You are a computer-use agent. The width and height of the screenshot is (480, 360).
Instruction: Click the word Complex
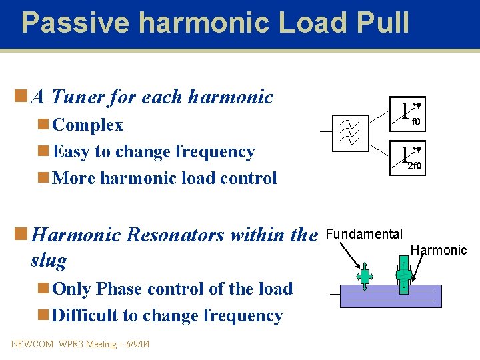coord(87,125)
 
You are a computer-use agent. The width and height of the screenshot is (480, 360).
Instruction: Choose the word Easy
coord(71,152)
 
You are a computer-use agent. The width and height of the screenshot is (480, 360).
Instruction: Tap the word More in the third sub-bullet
coord(71,179)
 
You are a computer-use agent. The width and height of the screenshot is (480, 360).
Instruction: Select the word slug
coord(48,260)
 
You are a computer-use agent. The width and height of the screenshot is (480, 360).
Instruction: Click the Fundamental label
coord(364,234)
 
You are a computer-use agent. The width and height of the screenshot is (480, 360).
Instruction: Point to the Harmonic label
coord(439,250)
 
